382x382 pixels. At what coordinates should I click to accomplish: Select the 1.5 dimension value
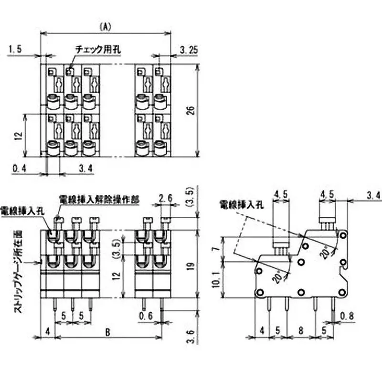click(16, 49)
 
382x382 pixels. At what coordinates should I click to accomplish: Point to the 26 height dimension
click(190, 111)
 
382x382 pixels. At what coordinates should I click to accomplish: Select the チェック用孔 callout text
click(98, 49)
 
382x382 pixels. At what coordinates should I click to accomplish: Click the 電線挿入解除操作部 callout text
click(99, 199)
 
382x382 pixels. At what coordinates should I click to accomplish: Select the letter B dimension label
click(108, 330)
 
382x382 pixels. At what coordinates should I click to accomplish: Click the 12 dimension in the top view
click(19, 136)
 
